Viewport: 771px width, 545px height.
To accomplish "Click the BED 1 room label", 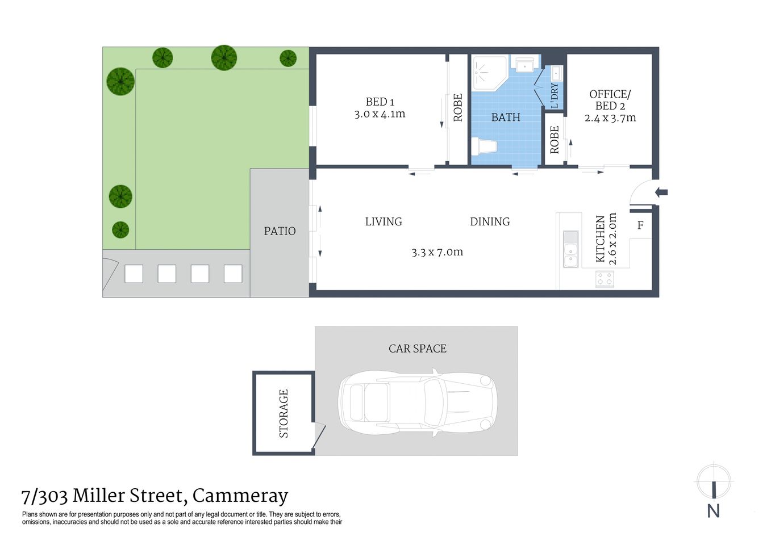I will (380, 102).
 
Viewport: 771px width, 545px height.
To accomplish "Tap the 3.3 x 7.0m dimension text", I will (437, 252).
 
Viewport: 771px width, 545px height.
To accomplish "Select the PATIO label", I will (280, 231).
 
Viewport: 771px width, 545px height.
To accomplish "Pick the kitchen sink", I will (570, 249).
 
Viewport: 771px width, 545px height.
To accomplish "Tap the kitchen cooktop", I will (604, 279).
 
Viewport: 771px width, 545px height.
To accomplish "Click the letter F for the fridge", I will (640, 225).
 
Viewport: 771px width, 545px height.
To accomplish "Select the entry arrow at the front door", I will (661, 192).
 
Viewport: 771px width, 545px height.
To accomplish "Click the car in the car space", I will (418, 403).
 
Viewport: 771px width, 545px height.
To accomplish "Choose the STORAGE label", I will (284, 413).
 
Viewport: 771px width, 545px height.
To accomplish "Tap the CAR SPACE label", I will (417, 349).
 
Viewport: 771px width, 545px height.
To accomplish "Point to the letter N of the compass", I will (713, 511).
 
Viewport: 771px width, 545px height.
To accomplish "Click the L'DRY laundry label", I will (555, 95).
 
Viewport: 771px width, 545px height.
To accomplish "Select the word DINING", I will (490, 222).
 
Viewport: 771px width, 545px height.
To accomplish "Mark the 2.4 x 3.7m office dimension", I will (610, 118).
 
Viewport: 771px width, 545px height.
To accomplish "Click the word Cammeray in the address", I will (240, 496).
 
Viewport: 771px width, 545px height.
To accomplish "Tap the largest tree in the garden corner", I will (120, 81).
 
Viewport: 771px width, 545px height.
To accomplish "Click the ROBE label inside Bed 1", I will (458, 107).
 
